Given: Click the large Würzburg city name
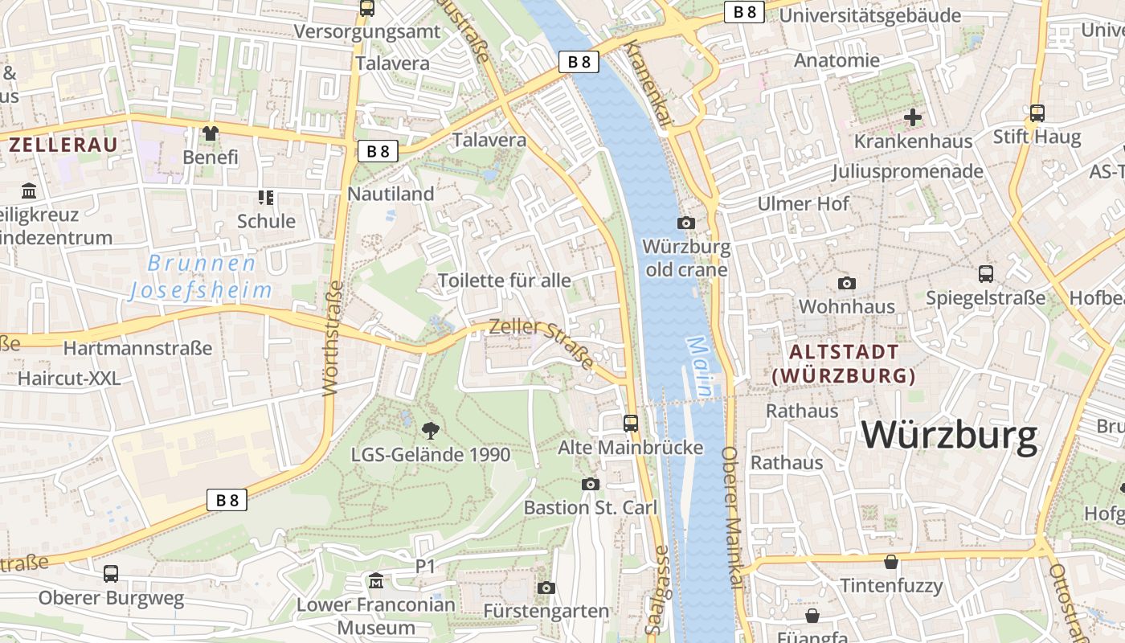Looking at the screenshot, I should (950, 435).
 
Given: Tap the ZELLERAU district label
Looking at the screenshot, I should (63, 145).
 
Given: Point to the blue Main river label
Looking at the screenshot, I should (699, 367).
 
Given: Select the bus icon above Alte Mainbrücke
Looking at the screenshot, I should (631, 423).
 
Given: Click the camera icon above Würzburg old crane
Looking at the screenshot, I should (686, 223).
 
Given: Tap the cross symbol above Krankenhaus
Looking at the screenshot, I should (913, 117).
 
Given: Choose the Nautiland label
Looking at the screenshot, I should (391, 194).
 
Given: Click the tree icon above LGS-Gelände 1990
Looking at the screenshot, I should (431, 430).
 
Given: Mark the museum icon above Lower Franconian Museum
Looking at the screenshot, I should (376, 580).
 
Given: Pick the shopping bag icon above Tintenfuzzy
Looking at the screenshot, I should (890, 562).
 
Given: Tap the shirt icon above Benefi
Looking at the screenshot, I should (211, 133).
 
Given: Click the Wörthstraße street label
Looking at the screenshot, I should (333, 338).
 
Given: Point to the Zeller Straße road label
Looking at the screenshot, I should (542, 341).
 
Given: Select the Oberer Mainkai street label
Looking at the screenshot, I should (734, 519).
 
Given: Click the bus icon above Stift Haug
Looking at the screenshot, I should (1037, 113).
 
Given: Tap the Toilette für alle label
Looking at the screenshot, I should (505, 281).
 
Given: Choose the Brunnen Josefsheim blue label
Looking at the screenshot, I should (201, 276).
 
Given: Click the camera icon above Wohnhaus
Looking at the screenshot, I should (846, 283).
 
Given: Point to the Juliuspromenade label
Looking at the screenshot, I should (907, 171).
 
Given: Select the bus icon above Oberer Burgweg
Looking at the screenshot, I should (111, 574).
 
